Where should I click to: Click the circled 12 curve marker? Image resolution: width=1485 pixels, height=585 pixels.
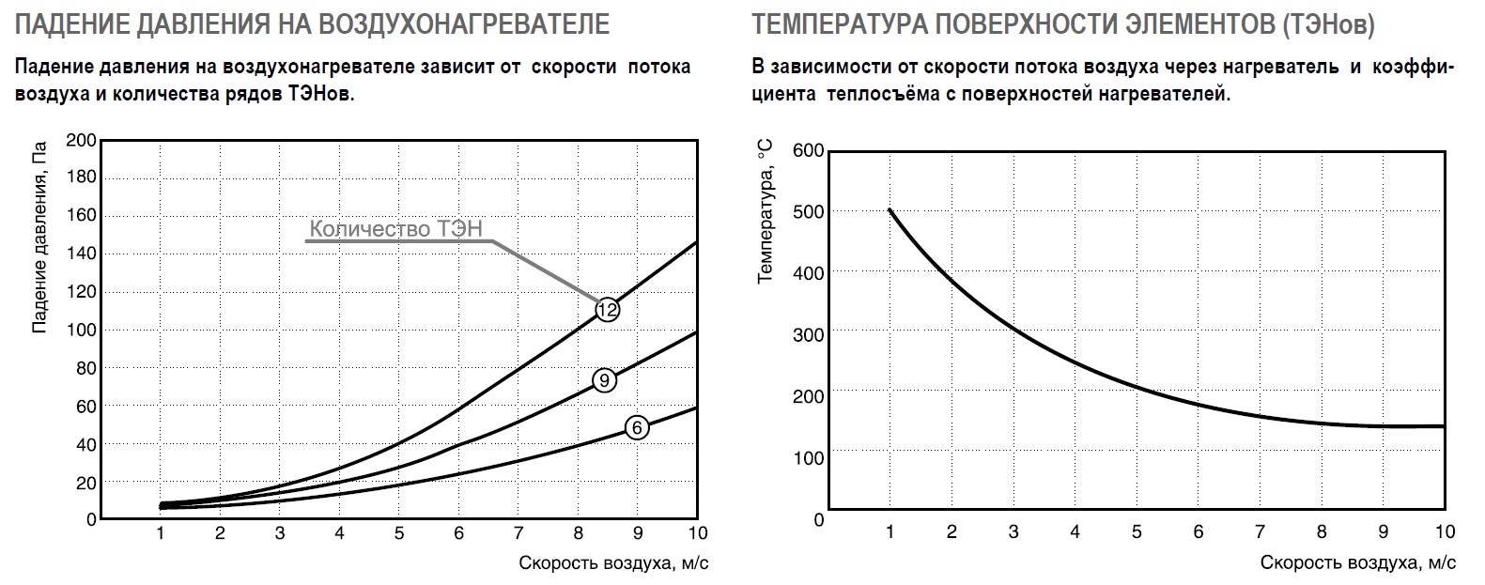[x=607, y=310]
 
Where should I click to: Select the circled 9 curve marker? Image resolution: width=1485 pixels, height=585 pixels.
[x=604, y=379]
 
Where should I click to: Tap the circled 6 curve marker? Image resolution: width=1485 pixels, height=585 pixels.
[x=637, y=428]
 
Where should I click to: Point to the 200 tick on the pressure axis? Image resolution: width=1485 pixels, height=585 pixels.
[x=82, y=140]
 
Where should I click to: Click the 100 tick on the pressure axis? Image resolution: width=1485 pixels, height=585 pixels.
[x=82, y=330]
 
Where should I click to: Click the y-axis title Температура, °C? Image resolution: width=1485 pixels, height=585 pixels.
[x=766, y=210]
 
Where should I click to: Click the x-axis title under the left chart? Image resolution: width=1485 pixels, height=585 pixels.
[x=613, y=562]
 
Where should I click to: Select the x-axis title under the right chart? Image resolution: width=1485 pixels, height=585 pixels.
[x=1357, y=562]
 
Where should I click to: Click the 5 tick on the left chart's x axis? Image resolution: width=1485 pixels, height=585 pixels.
[x=399, y=533]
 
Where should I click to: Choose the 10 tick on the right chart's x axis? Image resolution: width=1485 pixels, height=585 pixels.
[x=1445, y=532]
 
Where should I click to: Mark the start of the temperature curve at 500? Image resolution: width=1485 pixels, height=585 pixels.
[x=889, y=210]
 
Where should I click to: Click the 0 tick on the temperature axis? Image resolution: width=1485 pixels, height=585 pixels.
[x=817, y=518]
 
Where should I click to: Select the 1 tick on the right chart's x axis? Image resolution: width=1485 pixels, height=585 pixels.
[x=889, y=532]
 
